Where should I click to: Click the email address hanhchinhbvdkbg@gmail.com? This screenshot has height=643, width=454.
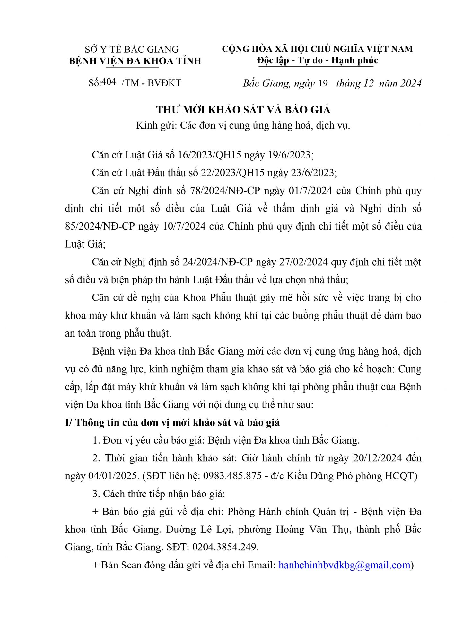[345, 565]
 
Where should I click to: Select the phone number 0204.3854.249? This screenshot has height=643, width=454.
[225, 547]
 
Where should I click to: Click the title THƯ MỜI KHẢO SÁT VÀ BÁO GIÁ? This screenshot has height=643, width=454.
[243, 110]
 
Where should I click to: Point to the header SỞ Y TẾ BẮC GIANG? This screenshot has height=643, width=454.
[132, 49]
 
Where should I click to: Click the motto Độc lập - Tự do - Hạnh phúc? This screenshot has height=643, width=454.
[318, 60]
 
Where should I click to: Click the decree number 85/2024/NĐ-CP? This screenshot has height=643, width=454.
[100, 226]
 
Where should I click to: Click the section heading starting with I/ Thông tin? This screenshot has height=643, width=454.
[172, 422]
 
